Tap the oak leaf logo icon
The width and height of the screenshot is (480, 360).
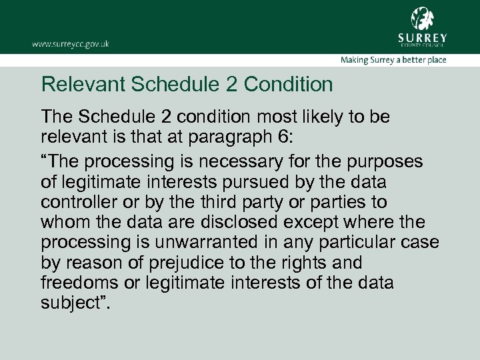pos(421,18)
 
